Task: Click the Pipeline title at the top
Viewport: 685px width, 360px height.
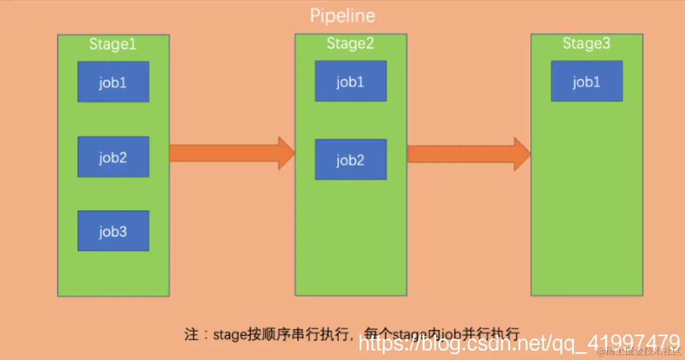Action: (342, 16)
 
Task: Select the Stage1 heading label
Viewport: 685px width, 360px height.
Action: (113, 44)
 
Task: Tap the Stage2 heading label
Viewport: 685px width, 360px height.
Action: (350, 43)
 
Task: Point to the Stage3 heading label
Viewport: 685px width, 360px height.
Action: (586, 43)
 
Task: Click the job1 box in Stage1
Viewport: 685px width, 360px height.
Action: (113, 82)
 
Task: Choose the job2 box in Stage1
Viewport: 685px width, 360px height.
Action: (113, 157)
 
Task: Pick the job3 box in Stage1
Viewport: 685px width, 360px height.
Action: (113, 231)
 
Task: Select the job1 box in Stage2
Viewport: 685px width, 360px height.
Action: (350, 81)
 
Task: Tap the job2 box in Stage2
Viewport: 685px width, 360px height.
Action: (350, 159)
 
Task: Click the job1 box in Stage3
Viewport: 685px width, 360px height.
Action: (586, 81)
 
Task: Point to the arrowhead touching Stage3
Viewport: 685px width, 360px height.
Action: (522, 154)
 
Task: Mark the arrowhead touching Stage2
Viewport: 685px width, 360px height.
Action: (287, 153)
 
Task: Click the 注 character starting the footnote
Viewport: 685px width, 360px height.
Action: (191, 335)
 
